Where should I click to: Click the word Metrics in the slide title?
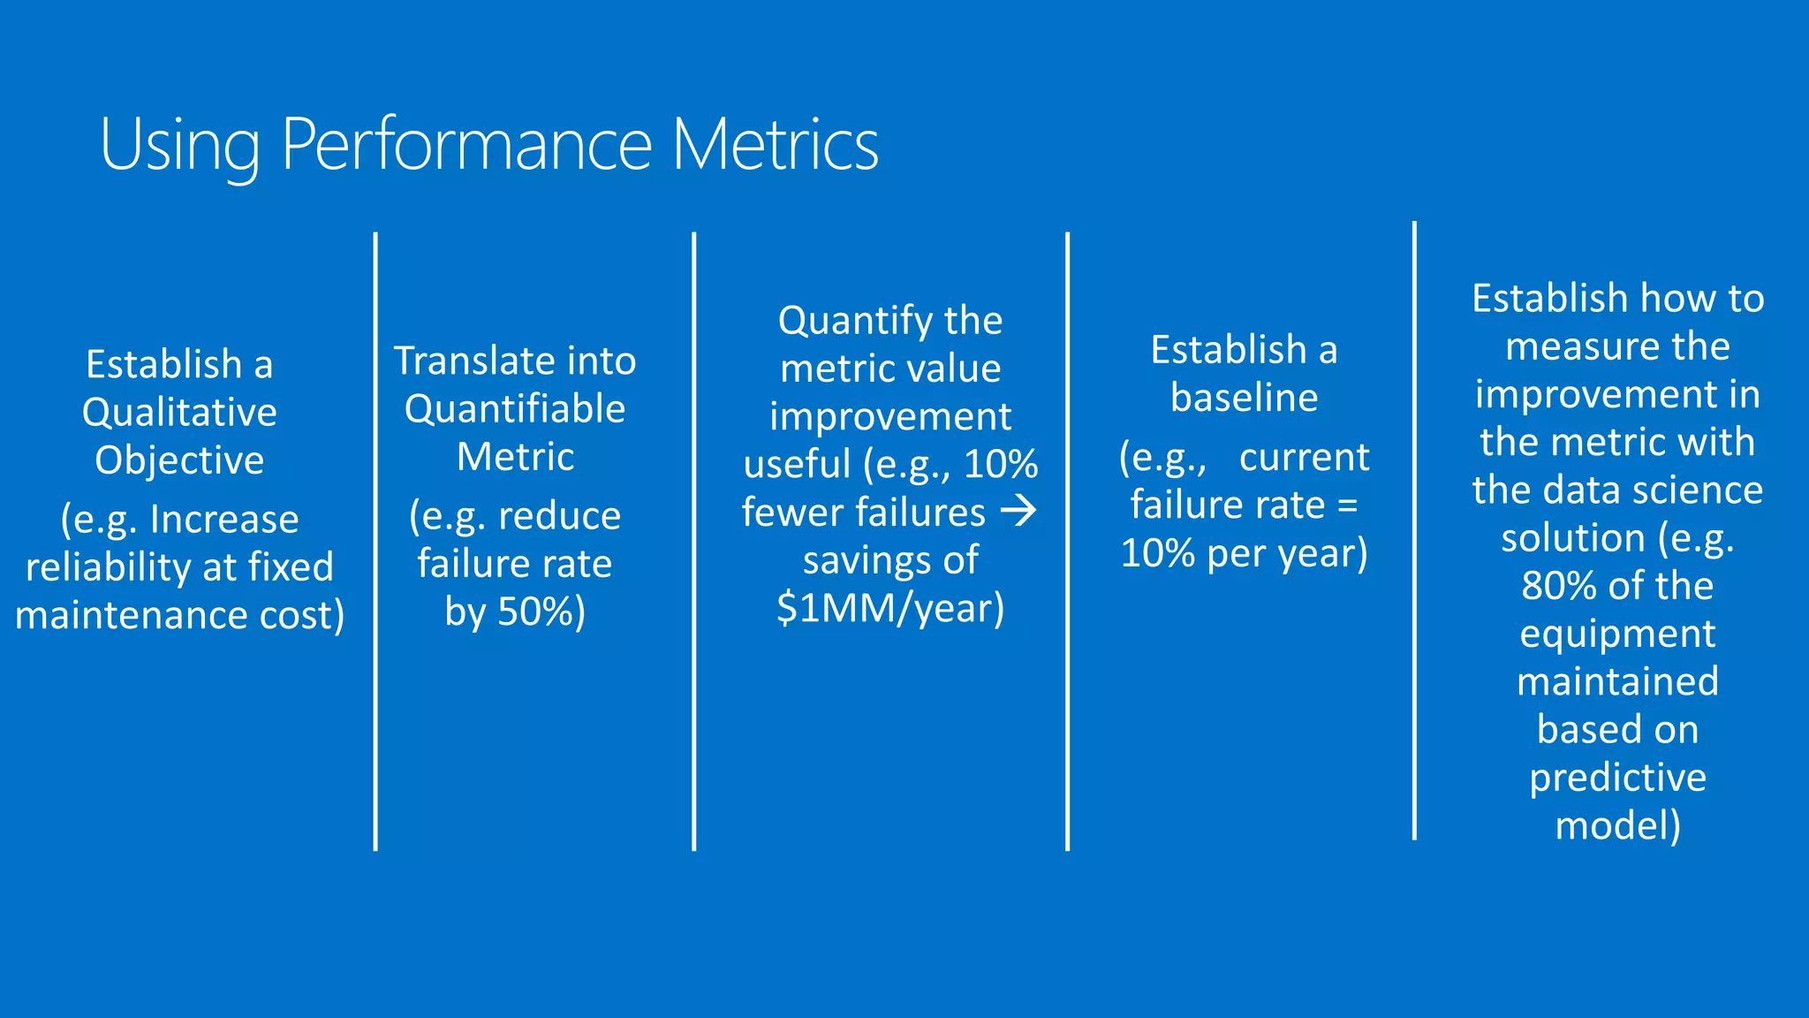[x=775, y=144]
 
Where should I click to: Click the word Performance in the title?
[x=467, y=144]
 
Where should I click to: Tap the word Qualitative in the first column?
[x=179, y=413]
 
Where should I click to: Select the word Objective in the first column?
[x=179, y=460]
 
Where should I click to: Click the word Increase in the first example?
[x=224, y=520]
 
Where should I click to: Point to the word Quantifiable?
[x=515, y=409]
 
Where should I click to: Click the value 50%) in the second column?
[x=541, y=612]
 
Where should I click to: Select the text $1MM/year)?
[x=890, y=608]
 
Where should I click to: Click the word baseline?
[x=1244, y=398]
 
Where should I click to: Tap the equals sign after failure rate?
[x=1347, y=505]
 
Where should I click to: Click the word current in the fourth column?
[x=1304, y=458]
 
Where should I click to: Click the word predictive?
[x=1617, y=778]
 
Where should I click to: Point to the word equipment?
[x=1617, y=634]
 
